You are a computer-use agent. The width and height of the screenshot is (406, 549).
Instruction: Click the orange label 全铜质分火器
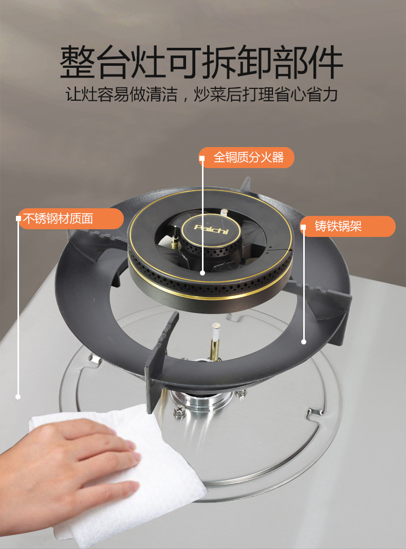click(246, 158)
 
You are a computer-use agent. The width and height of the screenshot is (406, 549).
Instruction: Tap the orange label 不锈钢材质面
click(71, 219)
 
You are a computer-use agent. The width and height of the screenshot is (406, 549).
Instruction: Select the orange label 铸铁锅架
click(348, 226)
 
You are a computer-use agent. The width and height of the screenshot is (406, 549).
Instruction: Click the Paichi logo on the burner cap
click(211, 230)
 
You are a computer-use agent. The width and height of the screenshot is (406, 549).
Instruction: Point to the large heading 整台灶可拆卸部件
click(201, 62)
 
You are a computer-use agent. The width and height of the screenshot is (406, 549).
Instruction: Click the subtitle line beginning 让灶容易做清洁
click(201, 95)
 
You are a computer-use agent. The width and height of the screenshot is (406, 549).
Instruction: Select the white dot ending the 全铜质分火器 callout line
click(202, 273)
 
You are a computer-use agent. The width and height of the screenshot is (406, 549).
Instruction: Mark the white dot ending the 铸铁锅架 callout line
click(304, 342)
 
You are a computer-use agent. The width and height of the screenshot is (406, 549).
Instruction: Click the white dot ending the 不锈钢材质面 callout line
click(18, 397)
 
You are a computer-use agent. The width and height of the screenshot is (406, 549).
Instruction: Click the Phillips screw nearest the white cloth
click(179, 410)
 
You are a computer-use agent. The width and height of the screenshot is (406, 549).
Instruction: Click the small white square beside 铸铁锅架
click(303, 227)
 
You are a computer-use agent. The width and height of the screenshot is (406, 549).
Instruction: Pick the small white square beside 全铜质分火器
click(202, 158)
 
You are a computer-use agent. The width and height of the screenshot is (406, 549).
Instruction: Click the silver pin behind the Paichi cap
click(224, 213)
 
